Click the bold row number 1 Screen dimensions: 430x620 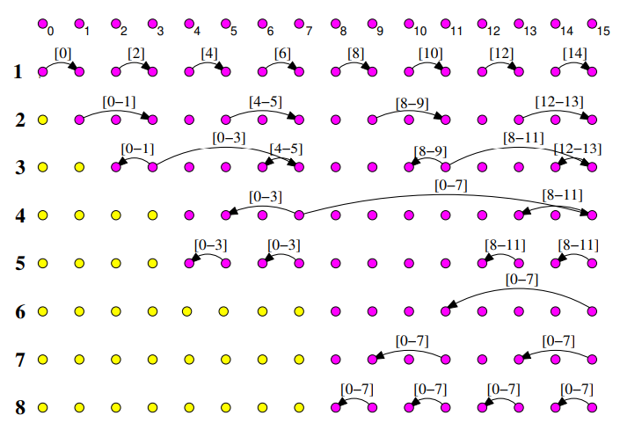tap(18, 71)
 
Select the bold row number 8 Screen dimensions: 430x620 tap(19, 407)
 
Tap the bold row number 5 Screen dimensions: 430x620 tap(19, 263)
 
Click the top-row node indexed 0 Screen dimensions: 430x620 tap(41, 25)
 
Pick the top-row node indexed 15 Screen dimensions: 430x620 tap(592, 25)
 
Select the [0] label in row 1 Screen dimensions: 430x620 tap(63, 53)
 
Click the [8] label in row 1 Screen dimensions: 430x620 tap(355, 53)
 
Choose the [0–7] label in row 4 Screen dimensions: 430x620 tap(451, 185)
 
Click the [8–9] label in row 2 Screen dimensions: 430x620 tap(412, 102)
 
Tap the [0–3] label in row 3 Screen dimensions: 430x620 tap(229, 137)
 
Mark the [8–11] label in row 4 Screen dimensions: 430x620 tap(563, 194)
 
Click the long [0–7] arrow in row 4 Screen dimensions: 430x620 tap(449, 195)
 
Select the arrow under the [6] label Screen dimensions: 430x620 tap(281, 64)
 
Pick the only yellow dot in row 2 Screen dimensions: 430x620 tap(41, 119)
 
